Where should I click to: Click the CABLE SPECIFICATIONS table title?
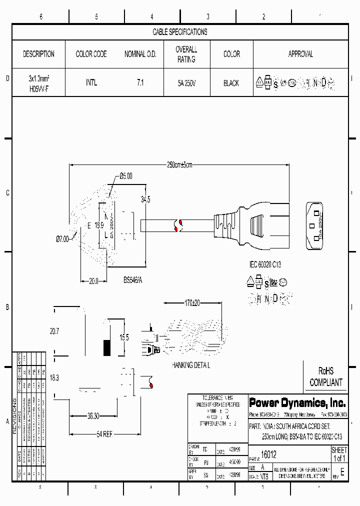(x=179, y=32)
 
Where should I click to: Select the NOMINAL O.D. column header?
(x=140, y=54)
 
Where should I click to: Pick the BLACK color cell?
(x=231, y=83)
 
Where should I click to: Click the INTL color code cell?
(x=91, y=83)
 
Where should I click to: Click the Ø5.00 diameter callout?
(x=126, y=176)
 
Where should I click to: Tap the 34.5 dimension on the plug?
(x=145, y=199)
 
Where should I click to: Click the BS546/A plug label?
(x=133, y=281)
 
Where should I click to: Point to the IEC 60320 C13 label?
(x=265, y=264)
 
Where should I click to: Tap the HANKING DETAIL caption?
(x=191, y=365)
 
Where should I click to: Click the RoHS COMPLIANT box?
(x=325, y=377)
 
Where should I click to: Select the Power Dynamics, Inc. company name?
(x=297, y=402)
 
